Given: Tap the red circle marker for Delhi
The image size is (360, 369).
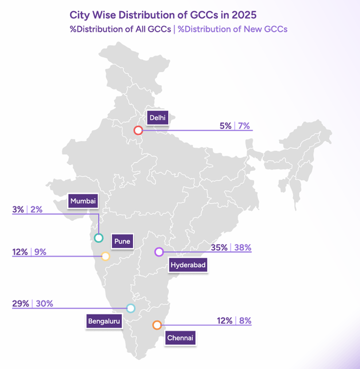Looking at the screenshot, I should pyautogui.click(x=138, y=130).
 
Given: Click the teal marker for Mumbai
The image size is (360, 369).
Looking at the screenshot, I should pyautogui.click(x=98, y=238).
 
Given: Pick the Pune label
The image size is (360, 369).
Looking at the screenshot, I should pyautogui.click(x=122, y=241).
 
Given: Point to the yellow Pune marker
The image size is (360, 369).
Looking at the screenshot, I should pyautogui.click(x=105, y=256).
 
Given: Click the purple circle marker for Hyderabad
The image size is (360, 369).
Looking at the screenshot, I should pyautogui.click(x=159, y=252).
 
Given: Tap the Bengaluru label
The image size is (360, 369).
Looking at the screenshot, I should pyautogui.click(x=104, y=321).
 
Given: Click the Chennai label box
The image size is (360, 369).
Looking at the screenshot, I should pyautogui.click(x=180, y=338).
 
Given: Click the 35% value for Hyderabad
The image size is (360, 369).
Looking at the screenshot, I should pyautogui.click(x=219, y=248).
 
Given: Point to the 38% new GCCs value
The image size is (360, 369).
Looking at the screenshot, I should pyautogui.click(x=243, y=248).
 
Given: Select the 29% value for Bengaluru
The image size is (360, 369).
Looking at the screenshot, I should pyautogui.click(x=20, y=304).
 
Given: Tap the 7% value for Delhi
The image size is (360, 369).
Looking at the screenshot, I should pyautogui.click(x=244, y=126).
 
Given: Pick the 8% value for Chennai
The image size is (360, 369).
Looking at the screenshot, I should pyautogui.click(x=245, y=321).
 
